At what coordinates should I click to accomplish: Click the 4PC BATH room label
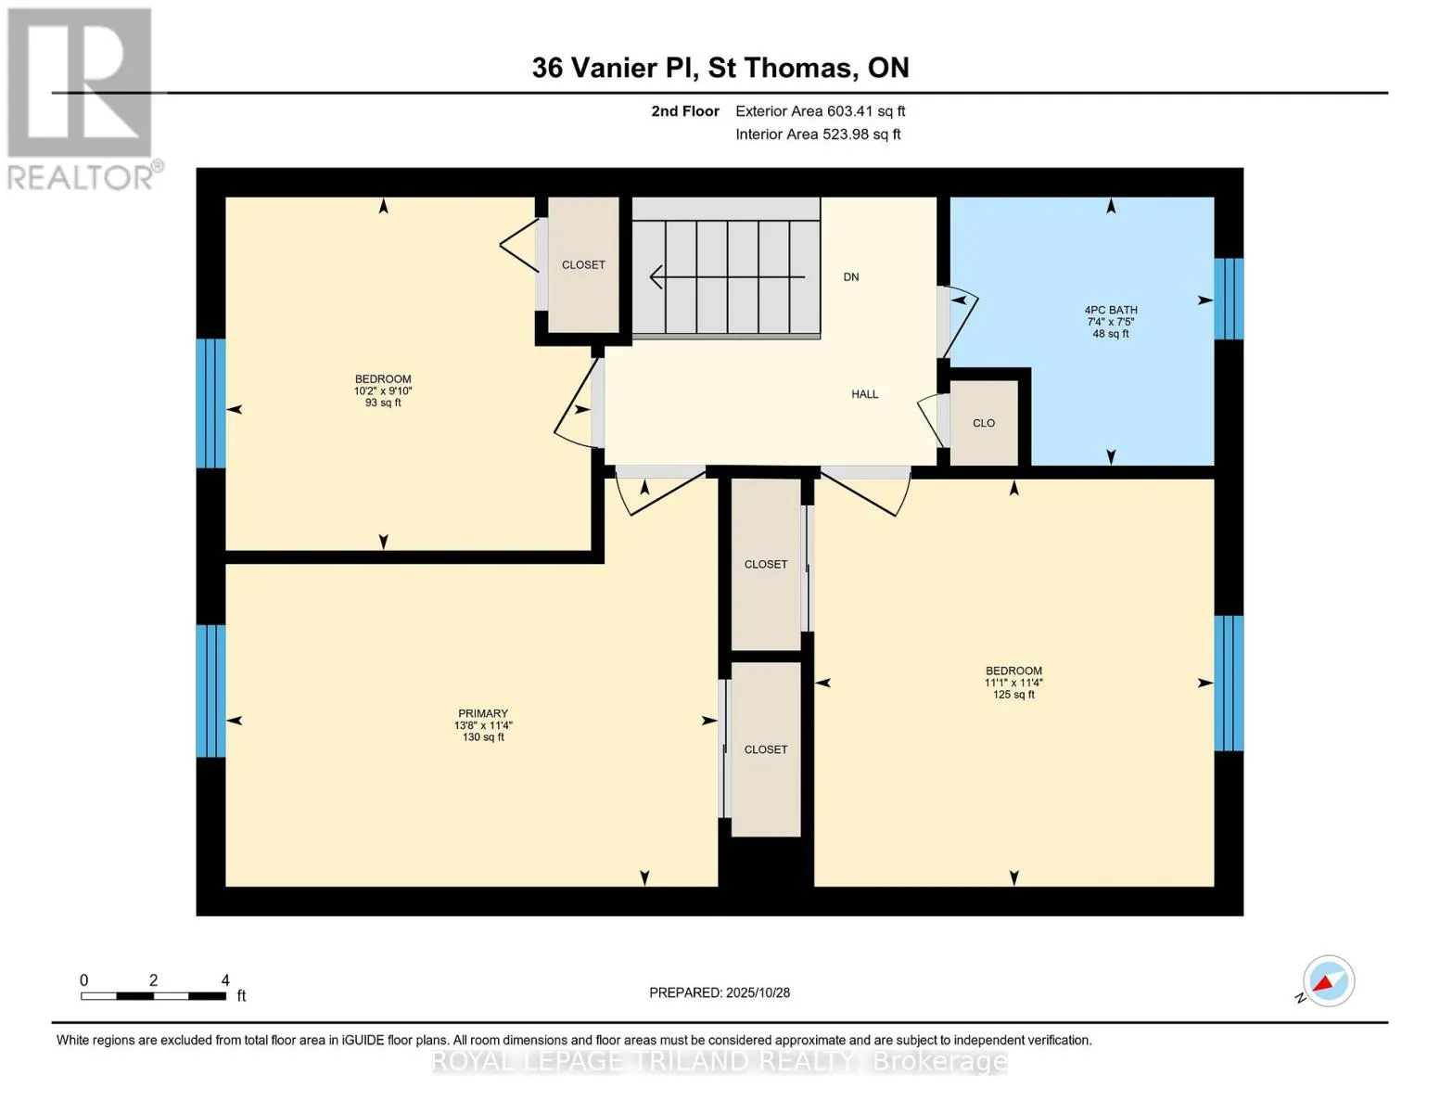coord(1110,311)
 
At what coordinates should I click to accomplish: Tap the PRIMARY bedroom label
coord(482,714)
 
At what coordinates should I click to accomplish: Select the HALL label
coord(864,394)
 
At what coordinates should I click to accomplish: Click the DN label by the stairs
coord(850,277)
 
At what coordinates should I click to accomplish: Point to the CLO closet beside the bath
coord(984,423)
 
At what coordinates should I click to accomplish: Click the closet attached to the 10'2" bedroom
coord(583,265)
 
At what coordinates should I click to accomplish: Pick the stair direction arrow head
coord(657,276)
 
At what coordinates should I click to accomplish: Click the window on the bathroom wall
coord(1229,299)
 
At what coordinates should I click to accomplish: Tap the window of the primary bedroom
coord(210,691)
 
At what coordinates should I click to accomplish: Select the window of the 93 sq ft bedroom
coord(210,403)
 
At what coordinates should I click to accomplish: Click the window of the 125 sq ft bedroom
coord(1229,684)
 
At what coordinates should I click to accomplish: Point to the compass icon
coord(1328,981)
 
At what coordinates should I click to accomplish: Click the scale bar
coord(153,996)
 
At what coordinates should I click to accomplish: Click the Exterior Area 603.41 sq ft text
coord(820,111)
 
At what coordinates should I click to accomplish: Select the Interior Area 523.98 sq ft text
coord(818,134)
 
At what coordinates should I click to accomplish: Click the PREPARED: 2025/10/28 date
coord(720,992)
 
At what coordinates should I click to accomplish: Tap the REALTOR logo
coord(82,97)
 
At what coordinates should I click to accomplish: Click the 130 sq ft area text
coord(483,737)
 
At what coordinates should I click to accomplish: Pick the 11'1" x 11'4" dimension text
coord(1013,683)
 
